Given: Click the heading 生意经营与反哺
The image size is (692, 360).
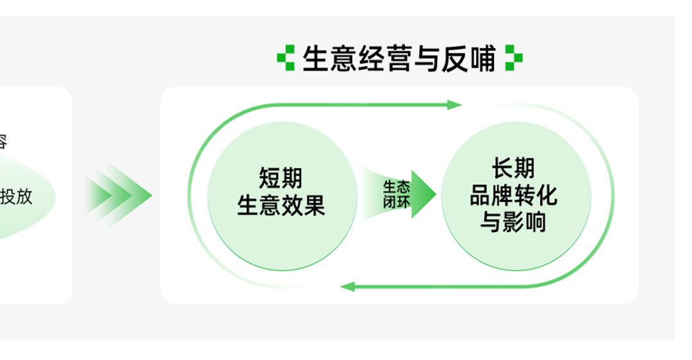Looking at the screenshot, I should click(399, 59).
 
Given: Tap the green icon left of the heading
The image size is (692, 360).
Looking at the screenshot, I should click(286, 58).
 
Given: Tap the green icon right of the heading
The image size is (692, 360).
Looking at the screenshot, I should click(513, 58).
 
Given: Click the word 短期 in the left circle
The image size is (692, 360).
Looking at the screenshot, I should click(281, 178).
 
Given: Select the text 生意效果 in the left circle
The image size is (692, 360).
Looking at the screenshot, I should click(281, 206).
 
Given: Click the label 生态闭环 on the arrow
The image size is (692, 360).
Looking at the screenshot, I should click(397, 194).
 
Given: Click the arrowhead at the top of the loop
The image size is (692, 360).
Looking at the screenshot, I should click(455, 105).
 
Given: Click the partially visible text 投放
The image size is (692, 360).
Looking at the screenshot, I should click(17, 196).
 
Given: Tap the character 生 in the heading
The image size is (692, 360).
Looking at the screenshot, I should click(315, 59).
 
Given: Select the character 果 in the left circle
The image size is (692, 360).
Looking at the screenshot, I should click(314, 206).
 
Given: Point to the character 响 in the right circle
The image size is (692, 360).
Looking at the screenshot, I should click(534, 222).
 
